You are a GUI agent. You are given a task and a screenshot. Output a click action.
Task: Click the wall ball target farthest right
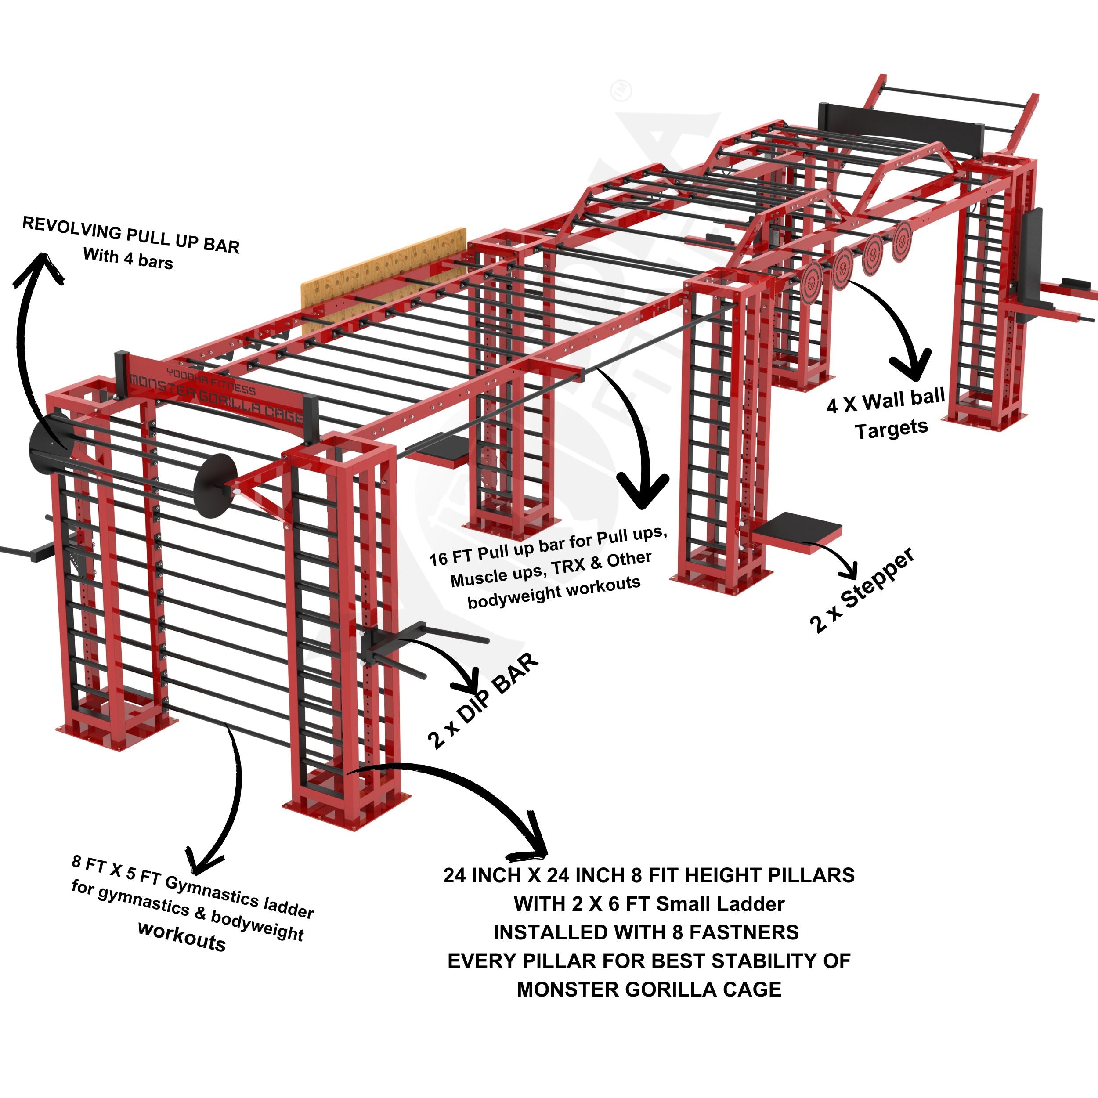coord(901,241)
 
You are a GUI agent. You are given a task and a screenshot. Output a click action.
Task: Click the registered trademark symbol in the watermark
coord(621,91)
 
